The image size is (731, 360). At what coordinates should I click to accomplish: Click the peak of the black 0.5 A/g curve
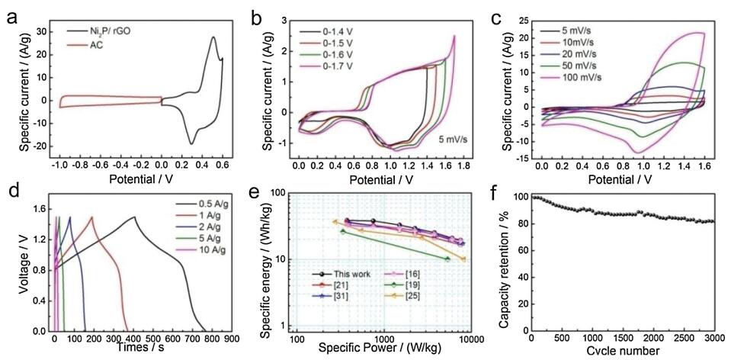[135, 217]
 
